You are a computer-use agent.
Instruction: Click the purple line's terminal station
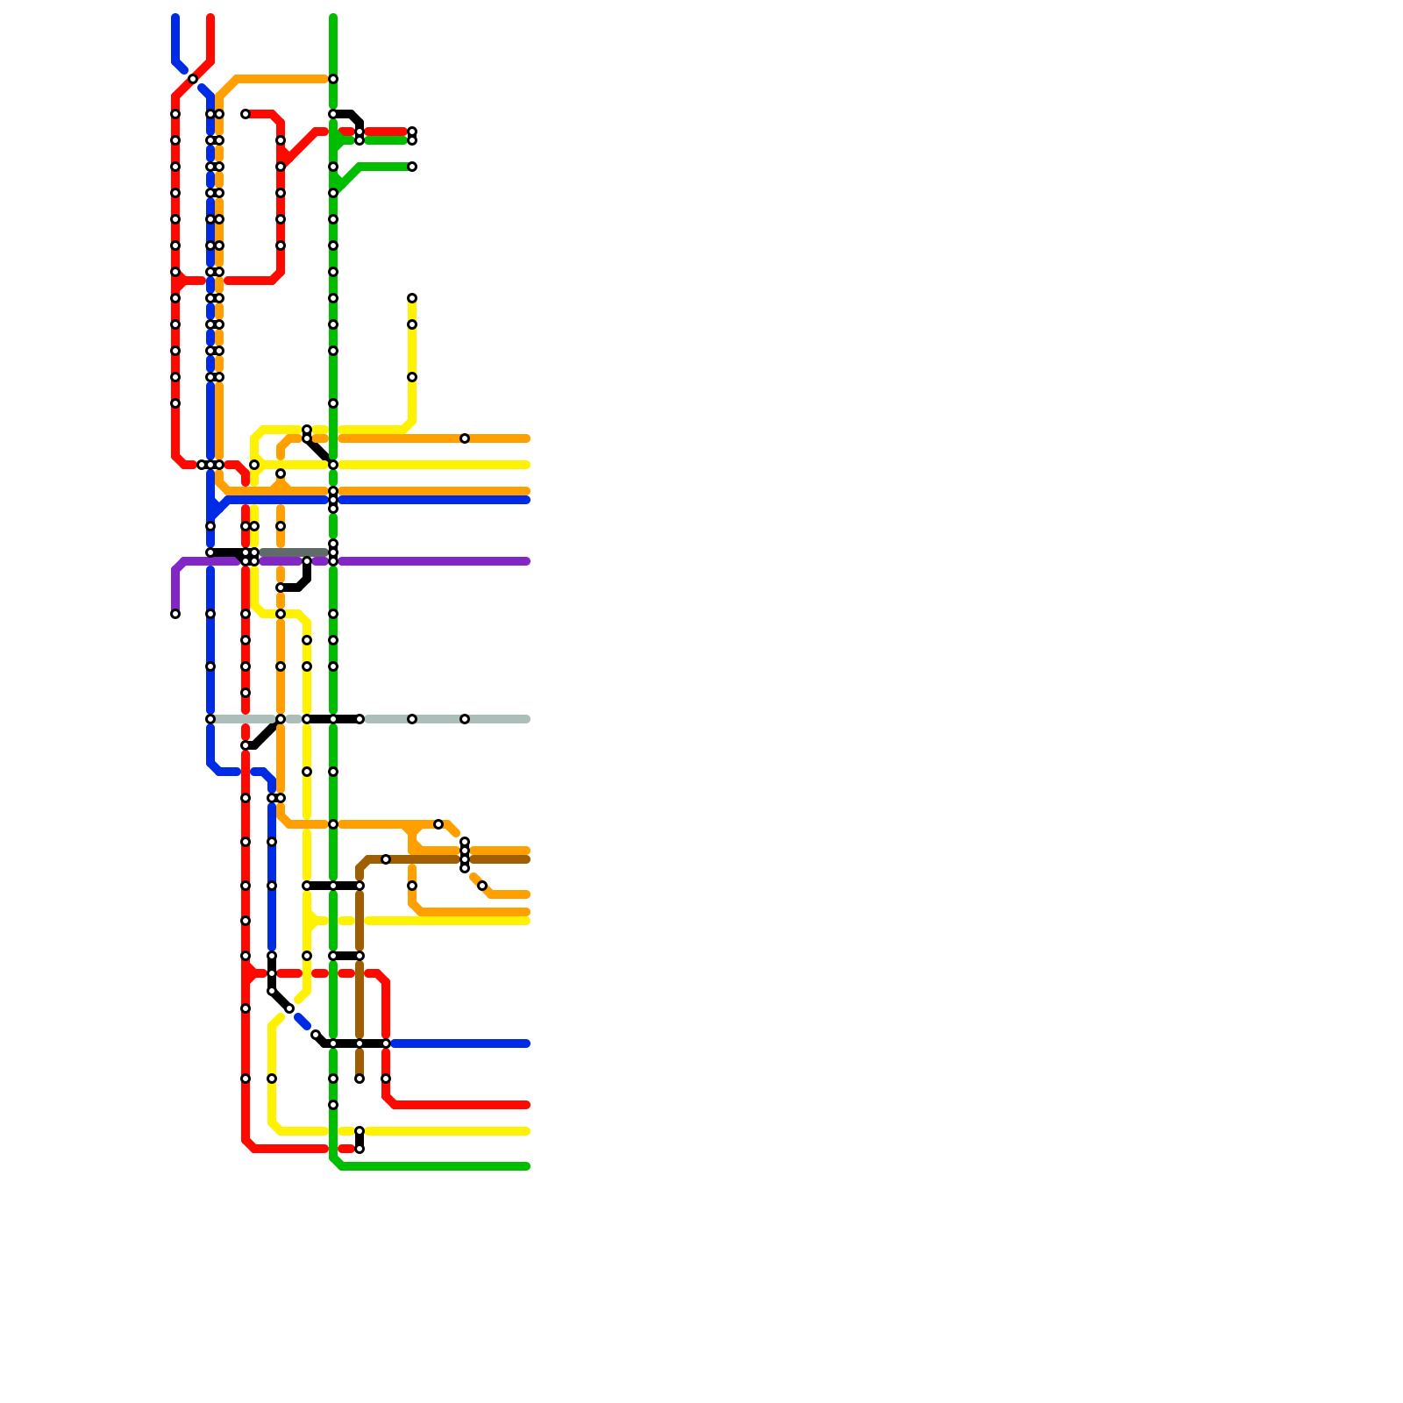pos(175,614)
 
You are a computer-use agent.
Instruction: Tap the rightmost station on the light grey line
pos(465,719)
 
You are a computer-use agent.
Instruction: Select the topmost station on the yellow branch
pos(412,298)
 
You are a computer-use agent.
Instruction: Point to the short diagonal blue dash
pos(303,1022)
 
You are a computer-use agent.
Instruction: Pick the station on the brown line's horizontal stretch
pos(386,859)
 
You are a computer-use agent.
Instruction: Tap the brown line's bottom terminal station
pos(360,1079)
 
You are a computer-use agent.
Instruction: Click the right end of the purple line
pos(527,561)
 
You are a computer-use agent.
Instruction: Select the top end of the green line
pos(333,18)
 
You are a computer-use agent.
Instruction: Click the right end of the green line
pos(527,1166)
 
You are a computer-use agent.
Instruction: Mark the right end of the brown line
pos(527,859)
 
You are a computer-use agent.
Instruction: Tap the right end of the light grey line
pos(527,719)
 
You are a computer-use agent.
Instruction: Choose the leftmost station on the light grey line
pos(210,719)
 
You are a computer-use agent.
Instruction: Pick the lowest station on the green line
pos(333,1105)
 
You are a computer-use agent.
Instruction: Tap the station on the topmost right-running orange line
pos(465,438)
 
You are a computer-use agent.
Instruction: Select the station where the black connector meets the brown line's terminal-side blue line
pos(386,1043)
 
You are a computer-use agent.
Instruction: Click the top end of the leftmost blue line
pos(175,18)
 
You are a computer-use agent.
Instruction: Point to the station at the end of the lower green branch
pos(412,167)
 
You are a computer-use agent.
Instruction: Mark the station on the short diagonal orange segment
pos(482,886)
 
